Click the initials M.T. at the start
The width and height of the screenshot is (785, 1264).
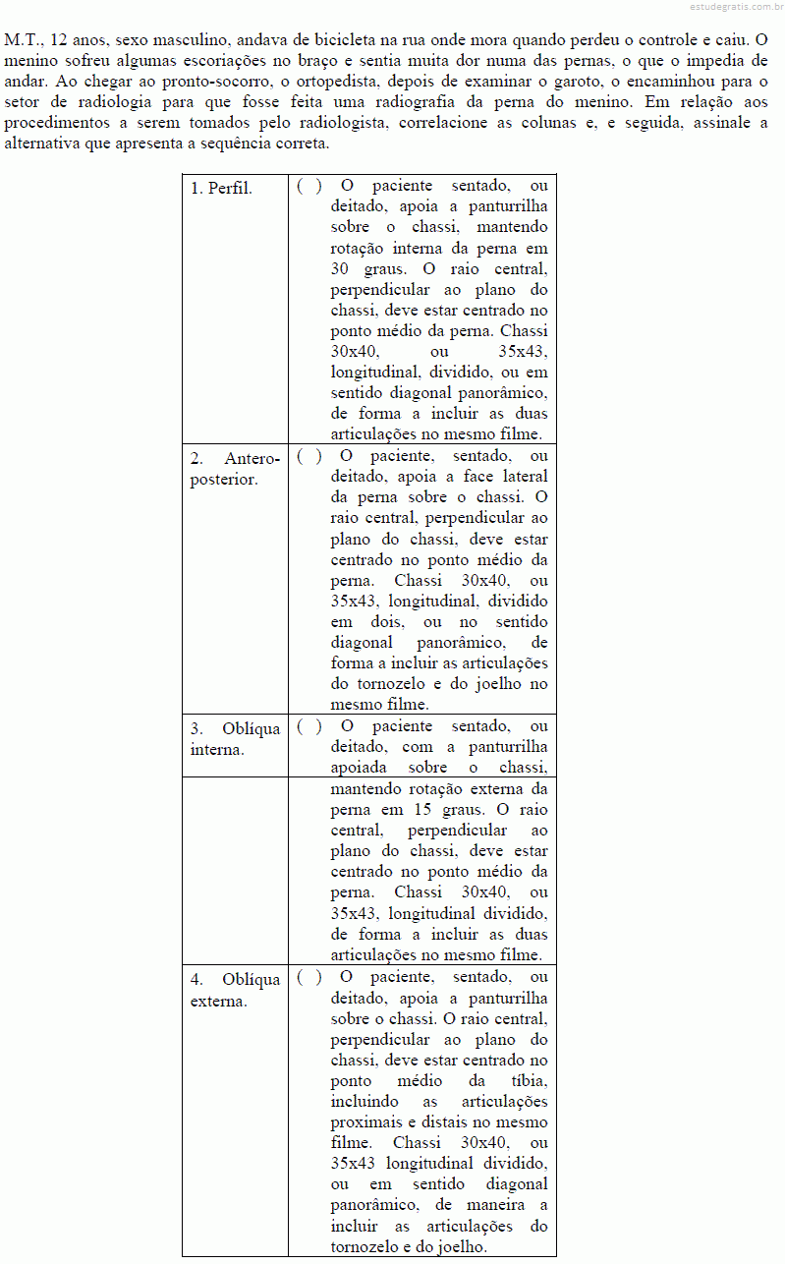(23, 41)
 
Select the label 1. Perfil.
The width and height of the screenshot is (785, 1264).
(221, 188)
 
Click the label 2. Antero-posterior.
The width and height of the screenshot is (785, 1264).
(236, 469)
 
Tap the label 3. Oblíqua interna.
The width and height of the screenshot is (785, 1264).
(236, 739)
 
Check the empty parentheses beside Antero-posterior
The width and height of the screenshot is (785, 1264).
(308, 456)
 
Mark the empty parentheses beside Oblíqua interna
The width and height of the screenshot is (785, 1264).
(308, 727)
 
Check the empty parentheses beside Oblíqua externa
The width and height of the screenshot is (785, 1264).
(308, 978)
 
